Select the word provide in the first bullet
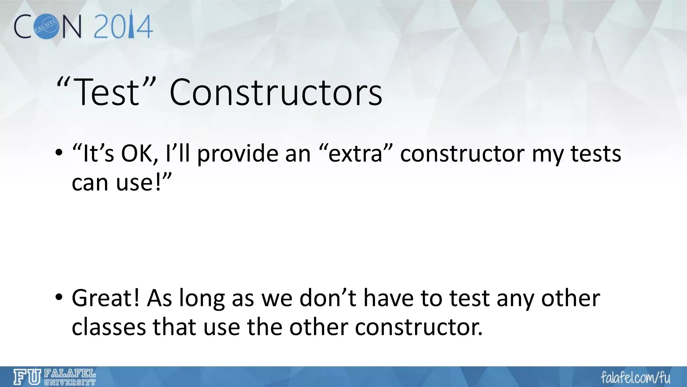coord(237,154)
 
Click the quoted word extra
coord(355,154)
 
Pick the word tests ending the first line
coord(596,154)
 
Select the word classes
coord(109,327)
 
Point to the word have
coord(388,298)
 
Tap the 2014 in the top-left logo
coord(123,27)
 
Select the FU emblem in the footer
coord(27,378)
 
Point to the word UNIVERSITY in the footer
coord(70,382)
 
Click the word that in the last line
coord(174,327)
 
